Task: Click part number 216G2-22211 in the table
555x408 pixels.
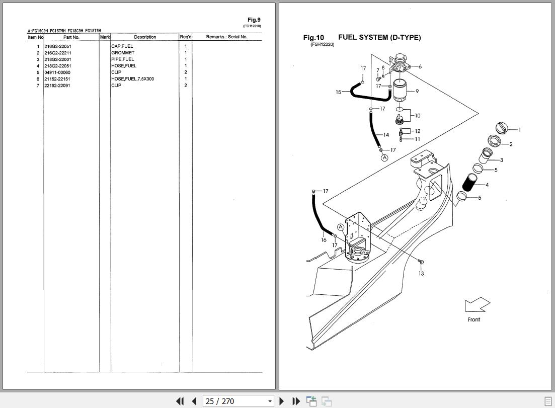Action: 57,53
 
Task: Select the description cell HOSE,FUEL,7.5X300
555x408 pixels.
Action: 132,79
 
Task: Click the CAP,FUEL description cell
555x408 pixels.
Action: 122,46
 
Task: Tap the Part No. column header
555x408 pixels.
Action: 71,37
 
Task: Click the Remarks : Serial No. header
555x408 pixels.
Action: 226,37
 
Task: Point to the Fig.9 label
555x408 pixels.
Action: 254,21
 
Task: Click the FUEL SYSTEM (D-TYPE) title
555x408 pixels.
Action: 379,38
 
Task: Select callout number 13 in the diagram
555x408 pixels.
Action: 421,274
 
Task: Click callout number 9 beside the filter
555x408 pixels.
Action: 417,92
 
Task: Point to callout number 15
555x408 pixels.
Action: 339,92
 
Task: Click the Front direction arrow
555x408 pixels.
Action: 477,305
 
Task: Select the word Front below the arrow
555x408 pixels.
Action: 473,319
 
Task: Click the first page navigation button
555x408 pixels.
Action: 180,401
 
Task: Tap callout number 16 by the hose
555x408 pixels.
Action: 324,240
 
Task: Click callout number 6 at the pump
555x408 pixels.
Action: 420,66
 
